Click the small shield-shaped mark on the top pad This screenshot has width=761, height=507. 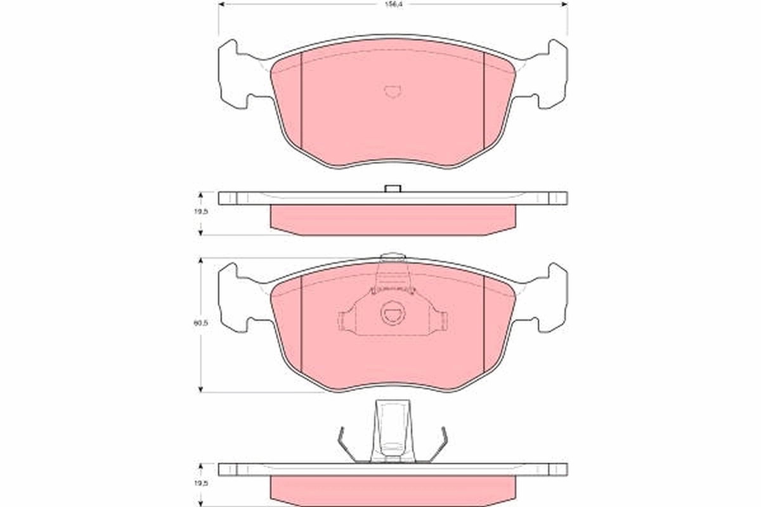click(x=393, y=91)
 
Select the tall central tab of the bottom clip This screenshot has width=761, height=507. click(x=393, y=431)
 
